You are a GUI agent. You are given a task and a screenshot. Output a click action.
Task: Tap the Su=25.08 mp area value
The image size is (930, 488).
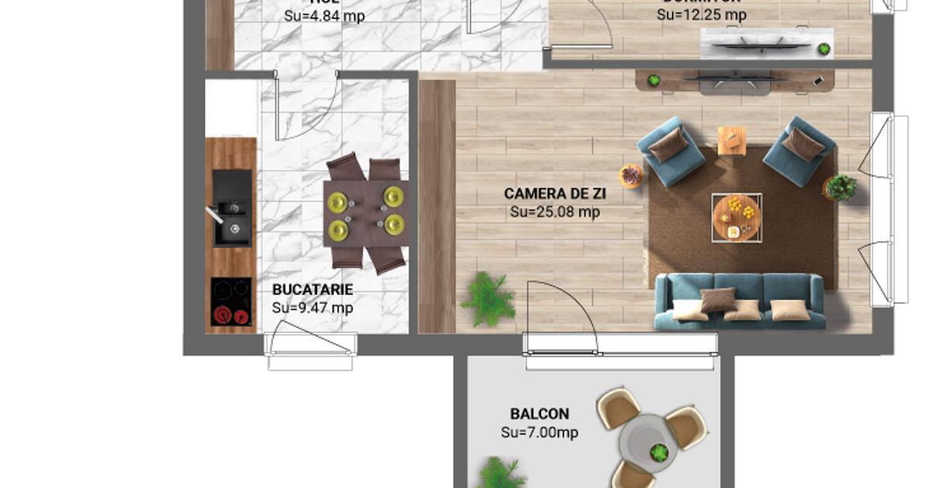554,211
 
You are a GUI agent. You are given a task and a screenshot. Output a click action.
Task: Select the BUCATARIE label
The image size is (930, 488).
312,290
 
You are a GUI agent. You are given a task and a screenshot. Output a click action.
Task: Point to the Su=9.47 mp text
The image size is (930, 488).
312,308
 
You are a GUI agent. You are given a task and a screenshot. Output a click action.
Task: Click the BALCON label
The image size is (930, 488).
539,414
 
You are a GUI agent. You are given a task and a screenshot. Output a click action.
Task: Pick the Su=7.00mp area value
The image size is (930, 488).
539,432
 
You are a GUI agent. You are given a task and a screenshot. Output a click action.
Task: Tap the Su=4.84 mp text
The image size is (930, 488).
324,15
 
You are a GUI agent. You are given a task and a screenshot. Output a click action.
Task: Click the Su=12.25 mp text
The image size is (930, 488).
701,15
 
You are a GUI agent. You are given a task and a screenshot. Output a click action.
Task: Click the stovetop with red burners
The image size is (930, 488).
231,301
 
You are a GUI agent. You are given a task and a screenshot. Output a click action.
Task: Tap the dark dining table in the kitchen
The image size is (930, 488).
365,213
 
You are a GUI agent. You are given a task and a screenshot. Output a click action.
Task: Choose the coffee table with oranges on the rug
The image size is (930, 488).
736,217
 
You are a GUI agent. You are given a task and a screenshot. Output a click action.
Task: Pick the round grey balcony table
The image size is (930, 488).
649,443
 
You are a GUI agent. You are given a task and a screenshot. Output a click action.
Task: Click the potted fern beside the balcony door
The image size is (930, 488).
488,298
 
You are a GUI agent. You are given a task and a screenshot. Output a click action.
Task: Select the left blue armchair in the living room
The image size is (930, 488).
670,151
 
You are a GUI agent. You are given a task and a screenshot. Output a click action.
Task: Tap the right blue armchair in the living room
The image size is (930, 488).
799,151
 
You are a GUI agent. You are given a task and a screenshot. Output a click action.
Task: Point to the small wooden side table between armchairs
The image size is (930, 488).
732,141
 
